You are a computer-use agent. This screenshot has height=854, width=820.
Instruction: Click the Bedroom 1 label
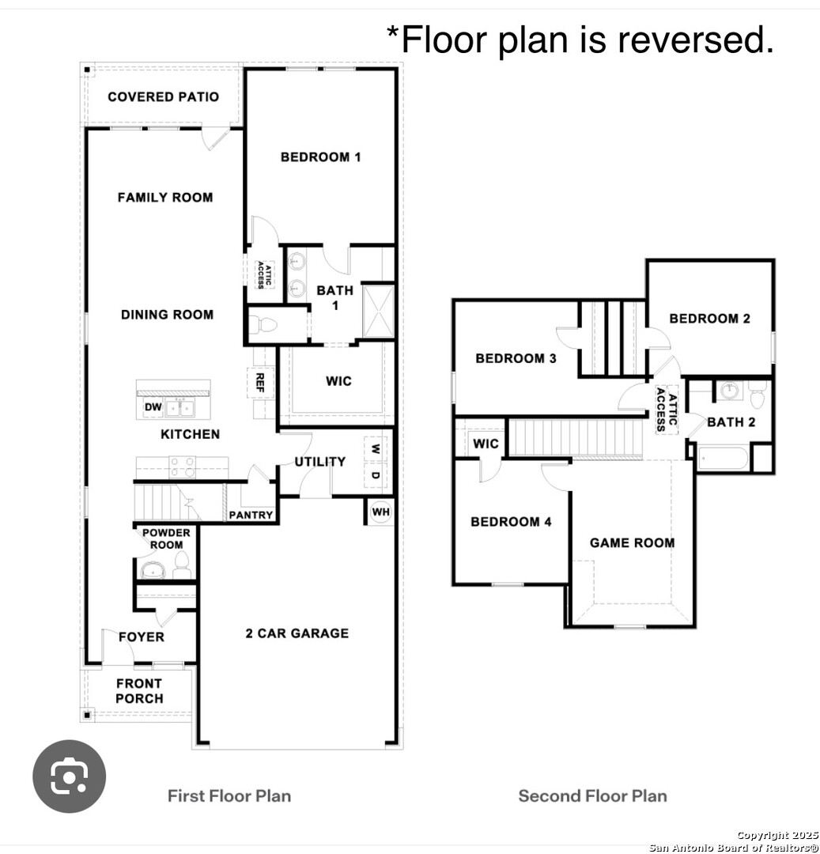(321, 157)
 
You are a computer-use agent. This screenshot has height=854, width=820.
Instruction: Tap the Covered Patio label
(164, 97)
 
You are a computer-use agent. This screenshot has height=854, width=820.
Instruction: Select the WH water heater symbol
(380, 512)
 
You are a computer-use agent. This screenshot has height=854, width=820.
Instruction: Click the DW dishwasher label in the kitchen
(153, 407)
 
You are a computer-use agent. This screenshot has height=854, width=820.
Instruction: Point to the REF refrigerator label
(259, 383)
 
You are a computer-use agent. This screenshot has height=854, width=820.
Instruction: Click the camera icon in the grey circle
(69, 777)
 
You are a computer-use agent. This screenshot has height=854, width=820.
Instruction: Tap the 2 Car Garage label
(297, 633)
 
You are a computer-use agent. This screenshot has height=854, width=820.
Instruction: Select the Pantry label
(251, 515)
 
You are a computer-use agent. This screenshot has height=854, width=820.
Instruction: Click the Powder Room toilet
(181, 565)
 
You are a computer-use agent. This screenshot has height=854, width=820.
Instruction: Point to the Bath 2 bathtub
(723, 459)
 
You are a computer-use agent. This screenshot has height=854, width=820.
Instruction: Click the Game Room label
(632, 542)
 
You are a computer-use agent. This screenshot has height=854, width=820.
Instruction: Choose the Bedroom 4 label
(511, 522)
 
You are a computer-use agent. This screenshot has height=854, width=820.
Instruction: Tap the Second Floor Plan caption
(592, 795)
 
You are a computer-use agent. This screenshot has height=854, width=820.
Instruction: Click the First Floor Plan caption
(229, 795)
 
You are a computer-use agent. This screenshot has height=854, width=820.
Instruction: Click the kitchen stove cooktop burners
(183, 467)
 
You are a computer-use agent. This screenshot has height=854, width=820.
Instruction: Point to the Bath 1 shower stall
(379, 311)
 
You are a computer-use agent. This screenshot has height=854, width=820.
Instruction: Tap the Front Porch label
(139, 690)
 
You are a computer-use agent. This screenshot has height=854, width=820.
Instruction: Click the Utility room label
(320, 462)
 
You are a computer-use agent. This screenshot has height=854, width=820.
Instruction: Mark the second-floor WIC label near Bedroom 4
(486, 444)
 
